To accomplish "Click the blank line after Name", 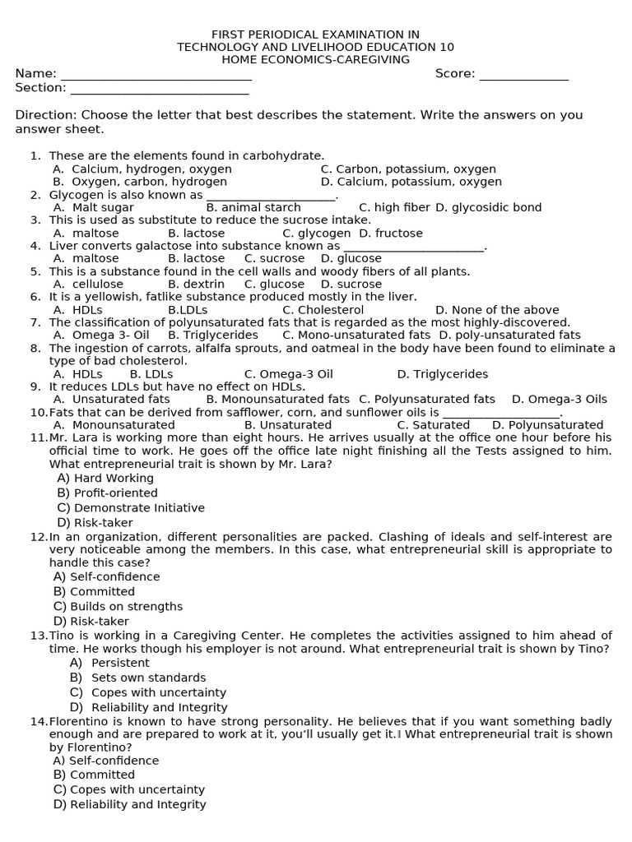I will click(x=156, y=76).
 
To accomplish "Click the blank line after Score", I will click(x=523, y=76).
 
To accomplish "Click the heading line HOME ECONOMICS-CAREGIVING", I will click(x=315, y=60).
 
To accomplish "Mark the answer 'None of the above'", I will click(x=497, y=310).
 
